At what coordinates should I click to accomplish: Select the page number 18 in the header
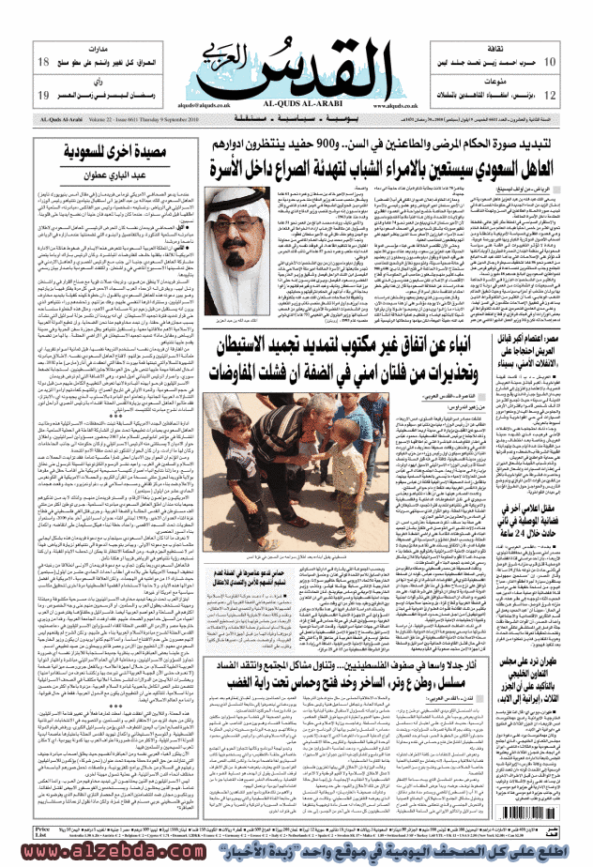coord(43,63)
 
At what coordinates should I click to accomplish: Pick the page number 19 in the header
coord(43,96)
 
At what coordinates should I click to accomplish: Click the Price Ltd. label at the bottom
coord(41,833)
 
